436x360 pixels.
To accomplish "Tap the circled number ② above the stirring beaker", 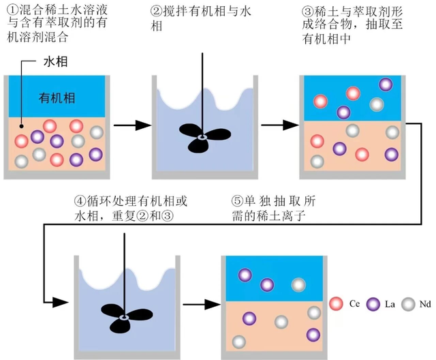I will [157, 10].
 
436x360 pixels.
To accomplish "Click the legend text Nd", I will [424, 303].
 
